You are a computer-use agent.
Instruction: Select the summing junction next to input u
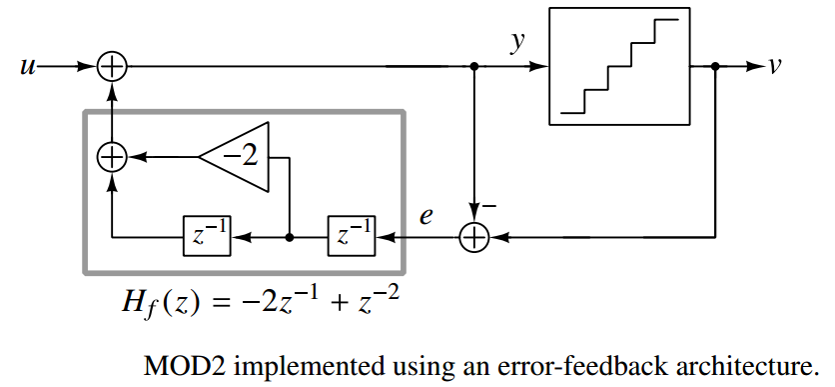113,67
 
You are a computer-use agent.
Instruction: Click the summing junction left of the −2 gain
113,156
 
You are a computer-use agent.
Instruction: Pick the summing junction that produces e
473,238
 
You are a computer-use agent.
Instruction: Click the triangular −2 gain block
238,156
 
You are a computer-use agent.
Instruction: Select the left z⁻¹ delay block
207,238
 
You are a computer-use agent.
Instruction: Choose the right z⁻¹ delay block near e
353,238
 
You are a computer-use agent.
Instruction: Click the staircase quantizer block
619,67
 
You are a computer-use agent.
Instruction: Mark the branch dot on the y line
473,67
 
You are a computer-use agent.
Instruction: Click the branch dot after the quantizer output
716,67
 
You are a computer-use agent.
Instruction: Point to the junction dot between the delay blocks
289,238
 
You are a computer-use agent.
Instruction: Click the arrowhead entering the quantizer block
542,67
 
